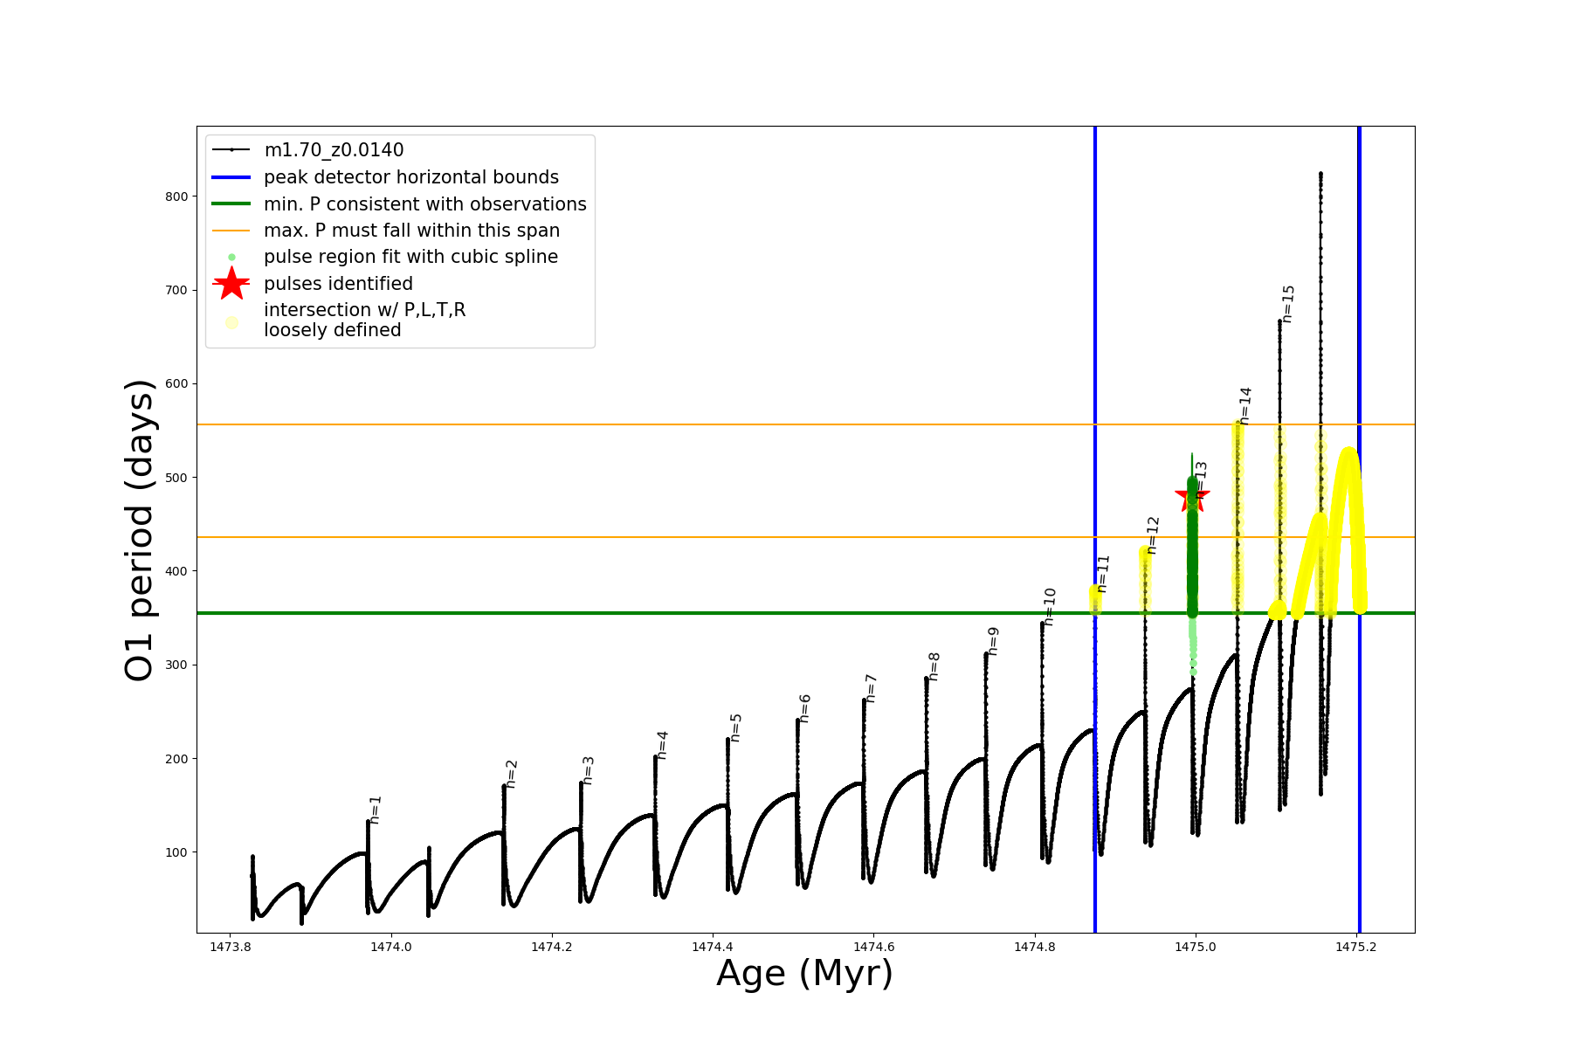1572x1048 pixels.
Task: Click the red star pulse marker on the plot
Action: coord(1192,496)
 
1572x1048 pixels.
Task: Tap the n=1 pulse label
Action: coord(376,810)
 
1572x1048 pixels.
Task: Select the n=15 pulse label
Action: coord(1288,304)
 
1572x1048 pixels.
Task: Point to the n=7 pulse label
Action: coord(871,688)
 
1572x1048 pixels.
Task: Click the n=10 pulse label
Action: coord(1050,607)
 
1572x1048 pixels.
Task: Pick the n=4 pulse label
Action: coord(662,745)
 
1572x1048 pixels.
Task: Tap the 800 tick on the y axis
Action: coord(176,196)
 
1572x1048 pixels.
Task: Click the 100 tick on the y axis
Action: coord(176,852)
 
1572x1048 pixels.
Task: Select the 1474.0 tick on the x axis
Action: coord(391,947)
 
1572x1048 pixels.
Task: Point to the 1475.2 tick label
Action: coord(1355,947)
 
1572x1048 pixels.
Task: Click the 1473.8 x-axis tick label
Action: coord(231,947)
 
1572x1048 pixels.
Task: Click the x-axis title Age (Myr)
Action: coord(804,974)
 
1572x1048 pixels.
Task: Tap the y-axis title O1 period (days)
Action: coord(140,530)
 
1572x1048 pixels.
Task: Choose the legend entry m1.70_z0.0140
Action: coord(334,150)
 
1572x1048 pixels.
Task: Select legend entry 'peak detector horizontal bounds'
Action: coord(410,177)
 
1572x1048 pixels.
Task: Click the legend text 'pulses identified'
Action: coord(338,284)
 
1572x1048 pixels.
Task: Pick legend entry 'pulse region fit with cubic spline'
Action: coord(410,257)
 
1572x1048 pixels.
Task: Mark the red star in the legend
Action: coord(231,284)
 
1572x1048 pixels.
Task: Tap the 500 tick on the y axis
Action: coord(176,478)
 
